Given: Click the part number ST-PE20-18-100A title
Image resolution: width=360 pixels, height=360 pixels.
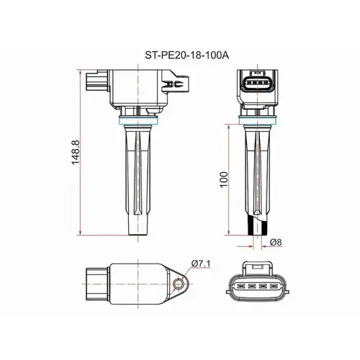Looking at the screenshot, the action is (186, 55).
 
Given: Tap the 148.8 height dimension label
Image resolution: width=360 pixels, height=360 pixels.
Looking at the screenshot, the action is (76, 153).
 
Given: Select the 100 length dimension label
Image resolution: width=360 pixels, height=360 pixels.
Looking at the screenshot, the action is (223, 180).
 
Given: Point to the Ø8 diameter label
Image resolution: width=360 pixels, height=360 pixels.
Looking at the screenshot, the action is (276, 242).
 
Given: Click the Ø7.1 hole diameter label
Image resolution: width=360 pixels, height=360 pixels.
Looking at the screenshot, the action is (201, 264).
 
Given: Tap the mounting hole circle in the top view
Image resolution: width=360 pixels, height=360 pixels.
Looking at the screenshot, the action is (178, 284).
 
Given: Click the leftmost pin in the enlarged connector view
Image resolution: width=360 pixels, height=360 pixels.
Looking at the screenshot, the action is (240, 287).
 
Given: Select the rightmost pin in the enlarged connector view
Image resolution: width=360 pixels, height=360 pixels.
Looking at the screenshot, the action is (274, 287).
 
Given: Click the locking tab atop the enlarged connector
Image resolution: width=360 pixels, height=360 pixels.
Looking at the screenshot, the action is (257, 268).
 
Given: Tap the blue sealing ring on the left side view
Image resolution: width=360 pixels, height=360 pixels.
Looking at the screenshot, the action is (139, 120).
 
